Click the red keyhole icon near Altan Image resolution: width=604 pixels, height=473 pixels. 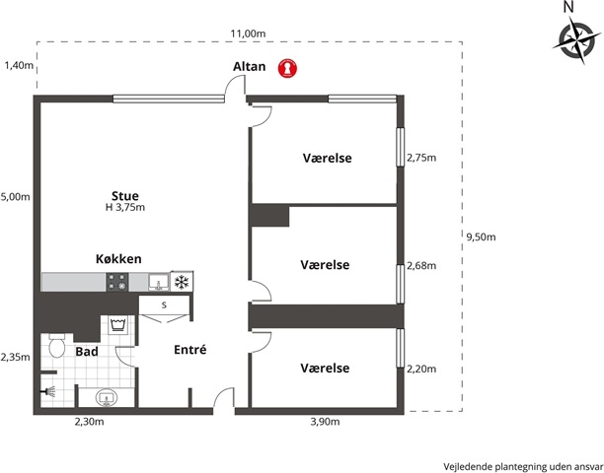coord(288,68)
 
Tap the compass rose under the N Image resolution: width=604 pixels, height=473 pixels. coord(576,40)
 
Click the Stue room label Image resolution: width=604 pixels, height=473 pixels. coord(125,195)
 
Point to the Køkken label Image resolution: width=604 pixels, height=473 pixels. coord(118,259)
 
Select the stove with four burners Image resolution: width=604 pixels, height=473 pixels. coord(117,282)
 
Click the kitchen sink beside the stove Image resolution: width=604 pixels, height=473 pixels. coord(159,282)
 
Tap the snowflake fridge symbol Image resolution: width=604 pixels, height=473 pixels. coord(182,282)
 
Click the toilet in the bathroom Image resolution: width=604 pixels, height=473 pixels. coord(57,345)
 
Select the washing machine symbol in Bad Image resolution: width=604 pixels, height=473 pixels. coord(117,325)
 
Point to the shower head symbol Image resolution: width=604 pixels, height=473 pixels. coord(49,391)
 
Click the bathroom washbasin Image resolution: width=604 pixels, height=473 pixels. coord(107,398)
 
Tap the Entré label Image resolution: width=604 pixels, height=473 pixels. coord(190,350)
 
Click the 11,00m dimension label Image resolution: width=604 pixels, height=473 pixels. coord(248,34)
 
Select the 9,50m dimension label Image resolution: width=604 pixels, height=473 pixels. coord(481,236)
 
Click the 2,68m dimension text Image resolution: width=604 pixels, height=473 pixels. coord(421,265)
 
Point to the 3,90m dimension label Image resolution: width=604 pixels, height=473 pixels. coord(325,422)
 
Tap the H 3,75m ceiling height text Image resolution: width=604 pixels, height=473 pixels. coord(125,208)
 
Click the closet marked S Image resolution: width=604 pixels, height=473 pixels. coord(164,305)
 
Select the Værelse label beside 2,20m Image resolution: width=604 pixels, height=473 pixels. coord(325,368)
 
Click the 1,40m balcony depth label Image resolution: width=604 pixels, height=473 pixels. coord(19,65)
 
